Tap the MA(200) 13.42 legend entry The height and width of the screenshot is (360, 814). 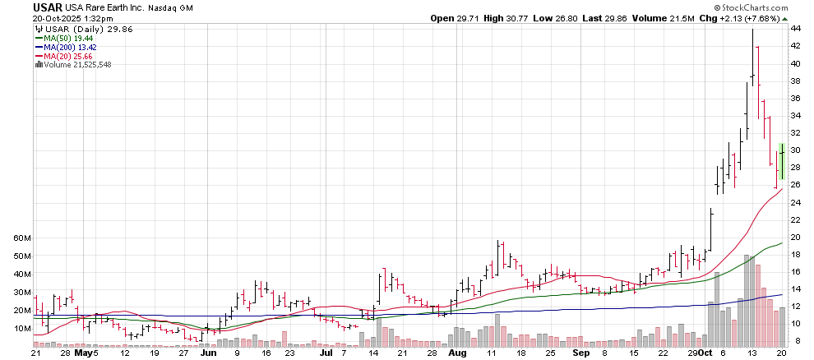click(70, 47)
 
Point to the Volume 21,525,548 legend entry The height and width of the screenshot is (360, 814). click(76, 64)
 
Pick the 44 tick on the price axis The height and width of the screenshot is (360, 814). click(796, 29)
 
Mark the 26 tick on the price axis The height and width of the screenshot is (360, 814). click(796, 185)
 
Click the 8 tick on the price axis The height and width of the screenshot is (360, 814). click(796, 341)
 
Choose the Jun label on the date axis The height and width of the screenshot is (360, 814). click(209, 353)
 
